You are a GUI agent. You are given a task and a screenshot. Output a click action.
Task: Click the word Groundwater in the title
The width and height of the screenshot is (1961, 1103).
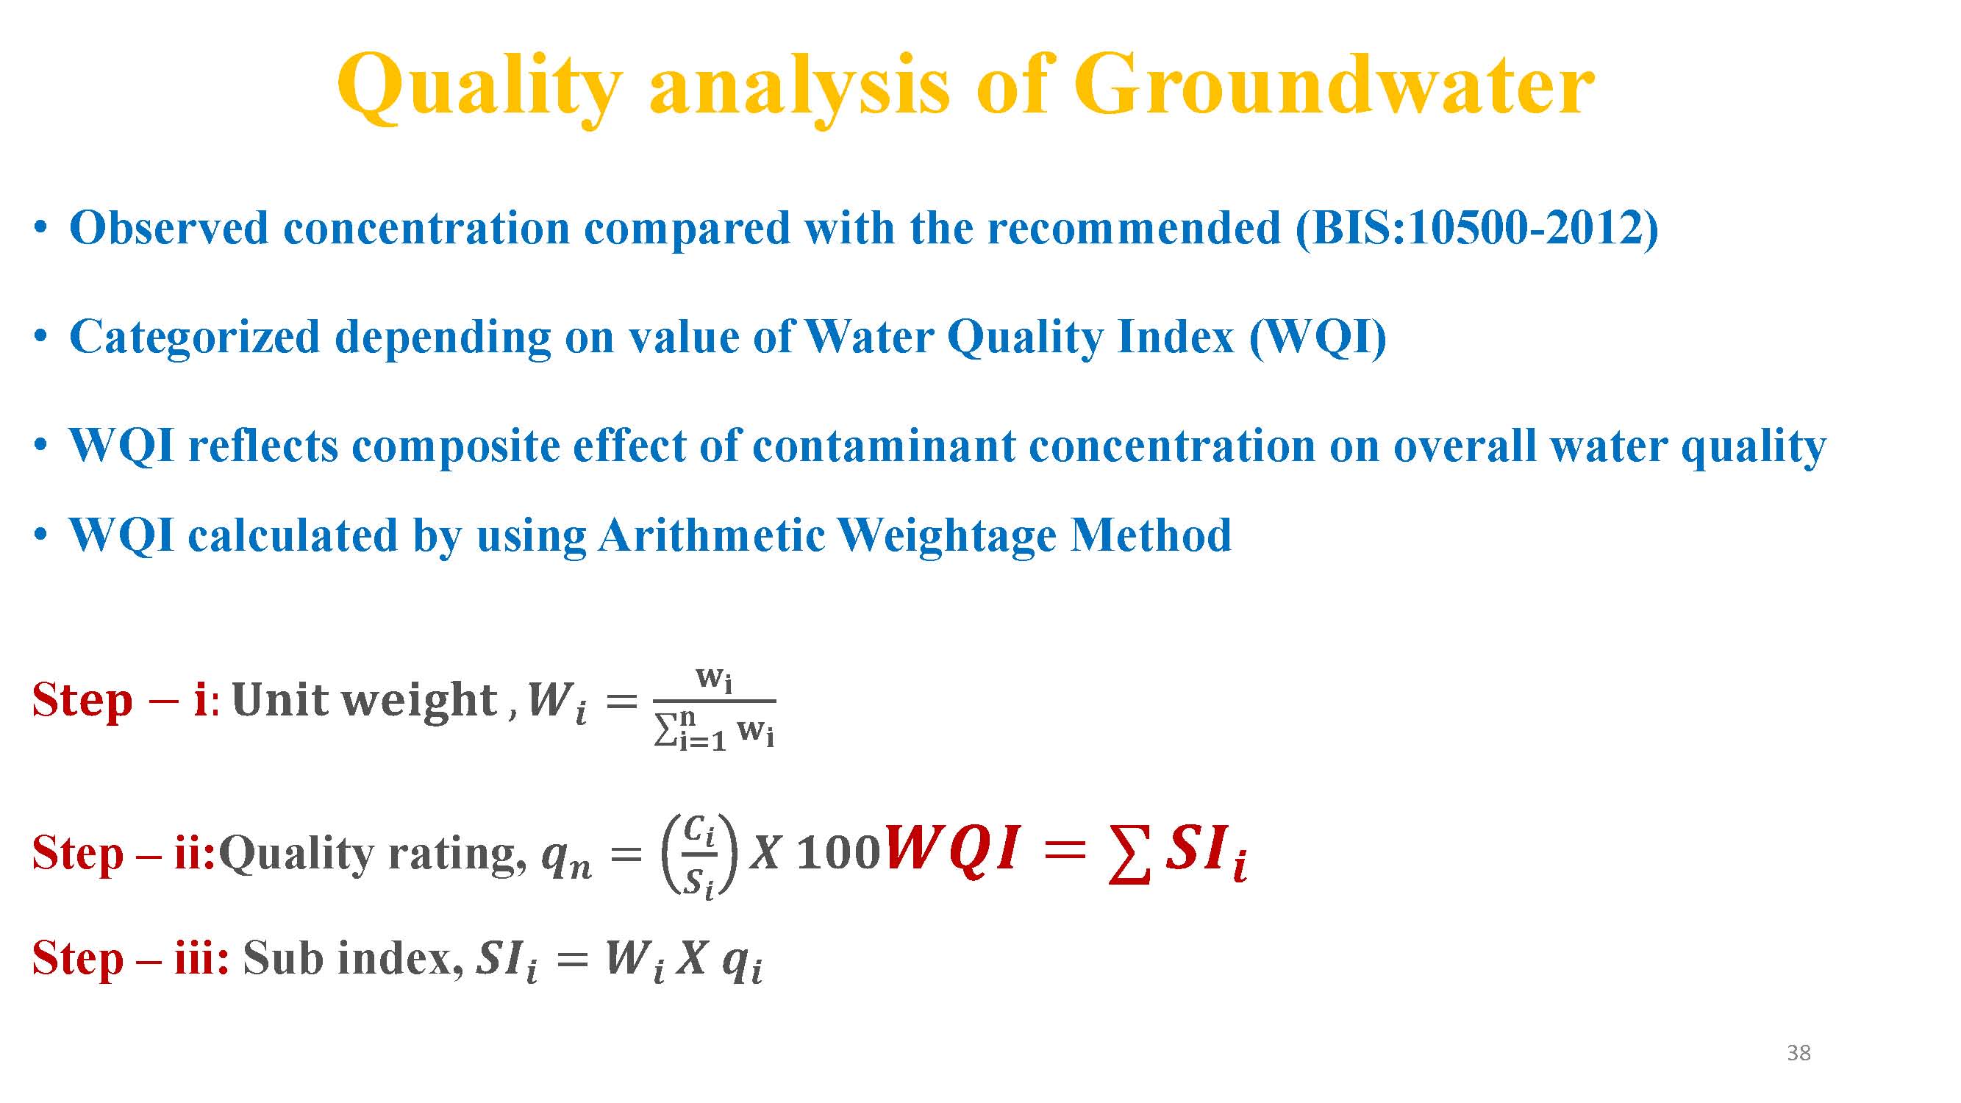point(1334,85)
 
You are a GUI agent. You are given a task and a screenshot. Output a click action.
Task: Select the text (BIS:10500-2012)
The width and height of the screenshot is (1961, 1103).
point(1478,229)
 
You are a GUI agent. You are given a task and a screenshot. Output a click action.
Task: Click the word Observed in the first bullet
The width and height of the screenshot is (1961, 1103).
point(168,228)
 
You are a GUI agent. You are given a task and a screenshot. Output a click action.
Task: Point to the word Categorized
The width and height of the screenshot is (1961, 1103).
point(194,338)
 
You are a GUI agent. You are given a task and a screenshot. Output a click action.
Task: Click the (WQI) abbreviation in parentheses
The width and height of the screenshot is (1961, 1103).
point(1318,338)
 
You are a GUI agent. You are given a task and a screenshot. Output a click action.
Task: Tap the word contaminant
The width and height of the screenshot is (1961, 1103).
point(884,446)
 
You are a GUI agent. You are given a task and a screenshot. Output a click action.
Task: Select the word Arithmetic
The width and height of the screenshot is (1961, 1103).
point(712,535)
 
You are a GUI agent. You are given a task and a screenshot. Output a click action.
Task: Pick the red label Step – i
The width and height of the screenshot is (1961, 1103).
point(121,699)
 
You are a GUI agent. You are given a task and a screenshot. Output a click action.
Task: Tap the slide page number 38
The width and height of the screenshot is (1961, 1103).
point(1799,1053)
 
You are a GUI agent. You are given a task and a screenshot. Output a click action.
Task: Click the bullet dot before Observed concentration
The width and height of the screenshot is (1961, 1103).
point(41,228)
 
